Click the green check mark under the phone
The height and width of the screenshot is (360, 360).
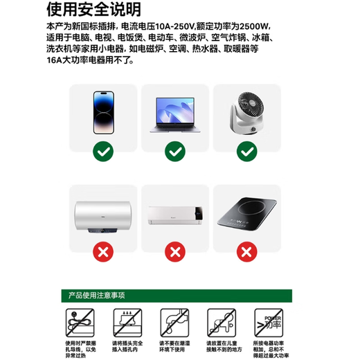102,150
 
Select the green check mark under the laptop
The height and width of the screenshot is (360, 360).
174,150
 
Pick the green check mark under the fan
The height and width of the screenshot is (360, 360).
247,150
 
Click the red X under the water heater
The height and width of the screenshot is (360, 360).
102,251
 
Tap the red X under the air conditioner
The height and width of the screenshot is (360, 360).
174,251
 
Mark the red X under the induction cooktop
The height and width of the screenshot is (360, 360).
247,251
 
